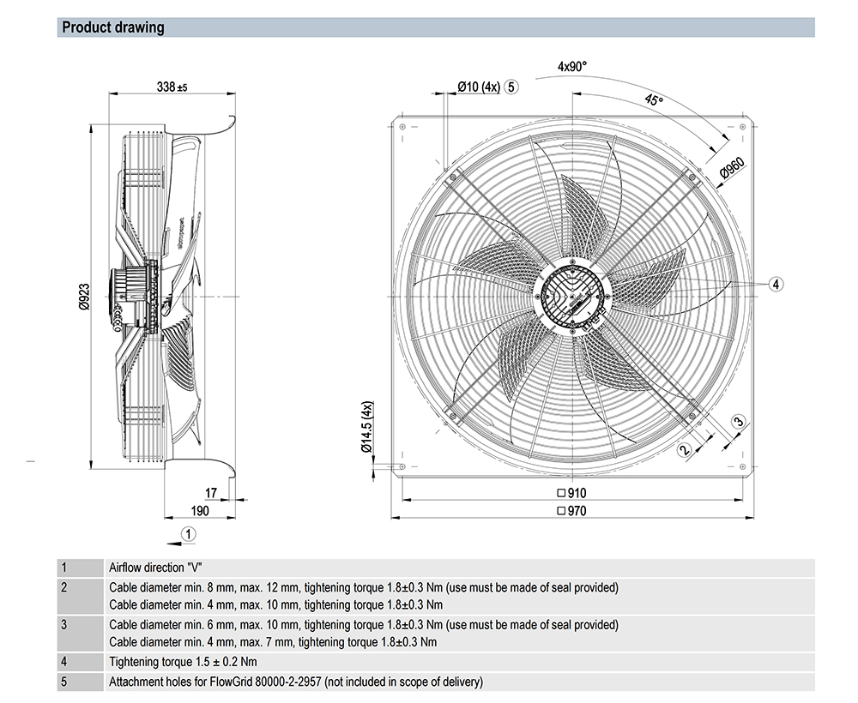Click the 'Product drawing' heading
[x=112, y=27]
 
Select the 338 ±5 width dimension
[x=172, y=87]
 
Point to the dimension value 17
[x=211, y=492]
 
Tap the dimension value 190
[x=200, y=511]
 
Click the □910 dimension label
[x=571, y=493]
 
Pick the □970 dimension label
[x=571, y=511]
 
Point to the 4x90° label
[x=572, y=66]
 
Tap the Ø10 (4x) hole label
[x=478, y=86]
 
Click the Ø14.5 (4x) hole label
[x=366, y=426]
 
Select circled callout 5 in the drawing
[x=511, y=86]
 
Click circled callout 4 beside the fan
[x=775, y=284]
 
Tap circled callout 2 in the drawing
[x=685, y=449]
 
